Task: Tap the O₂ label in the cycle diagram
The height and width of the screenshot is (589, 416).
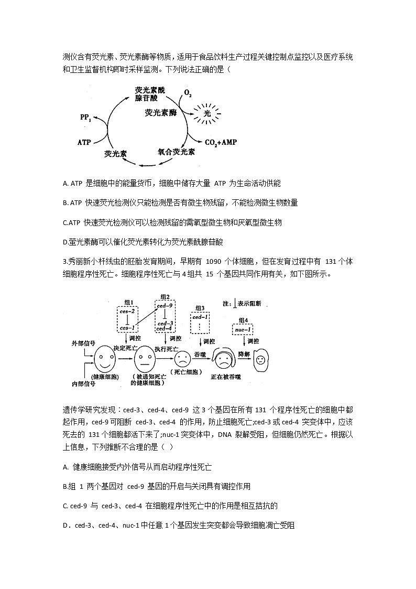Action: pyautogui.click(x=188, y=94)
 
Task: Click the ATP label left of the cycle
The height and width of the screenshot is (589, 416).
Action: pyautogui.click(x=84, y=142)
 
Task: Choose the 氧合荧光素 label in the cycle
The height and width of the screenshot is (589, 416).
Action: pyautogui.click(x=176, y=152)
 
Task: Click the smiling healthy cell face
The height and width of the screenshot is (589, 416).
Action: pyautogui.click(x=106, y=359)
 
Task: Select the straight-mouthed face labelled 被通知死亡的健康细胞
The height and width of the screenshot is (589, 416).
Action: pyautogui.click(x=144, y=360)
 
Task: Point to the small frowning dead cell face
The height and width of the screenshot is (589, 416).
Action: pyautogui.click(x=182, y=359)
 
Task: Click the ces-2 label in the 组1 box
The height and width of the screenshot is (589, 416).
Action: pyautogui.click(x=127, y=311)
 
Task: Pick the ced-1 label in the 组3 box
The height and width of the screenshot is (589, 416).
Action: pyautogui.click(x=200, y=317)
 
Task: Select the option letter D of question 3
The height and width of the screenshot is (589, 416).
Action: pyautogui.click(x=65, y=524)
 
